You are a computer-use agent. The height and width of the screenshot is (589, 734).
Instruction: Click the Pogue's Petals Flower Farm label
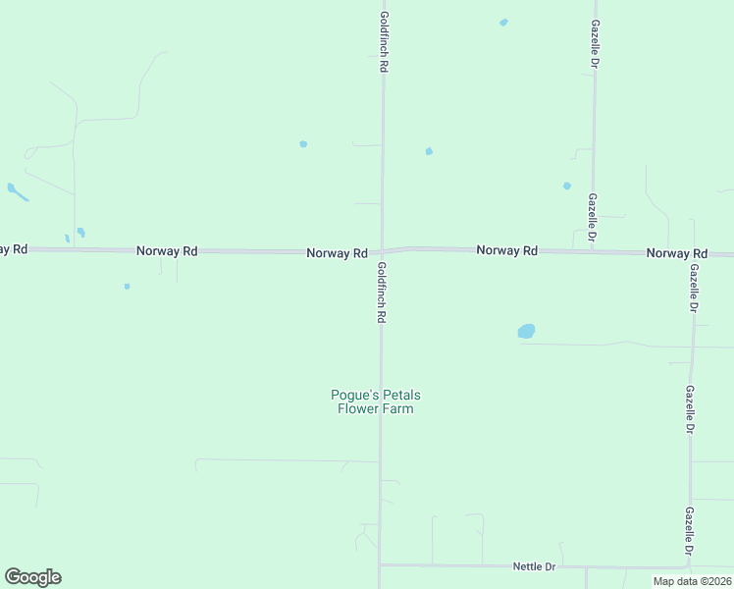(376, 402)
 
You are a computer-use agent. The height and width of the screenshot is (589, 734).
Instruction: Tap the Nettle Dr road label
(535, 567)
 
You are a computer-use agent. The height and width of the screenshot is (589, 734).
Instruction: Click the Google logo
(32, 577)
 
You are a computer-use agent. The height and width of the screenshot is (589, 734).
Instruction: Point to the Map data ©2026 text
(692, 581)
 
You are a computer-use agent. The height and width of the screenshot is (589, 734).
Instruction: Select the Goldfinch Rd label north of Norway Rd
(385, 43)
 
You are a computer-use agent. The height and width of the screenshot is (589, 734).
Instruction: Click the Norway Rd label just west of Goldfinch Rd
(337, 253)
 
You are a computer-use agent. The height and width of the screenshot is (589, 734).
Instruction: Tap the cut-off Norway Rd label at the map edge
(13, 249)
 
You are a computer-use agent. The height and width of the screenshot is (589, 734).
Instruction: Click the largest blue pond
(527, 332)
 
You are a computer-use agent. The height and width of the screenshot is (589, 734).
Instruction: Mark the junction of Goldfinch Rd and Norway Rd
(382, 251)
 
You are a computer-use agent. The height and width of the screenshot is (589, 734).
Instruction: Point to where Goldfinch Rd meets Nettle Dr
(380, 564)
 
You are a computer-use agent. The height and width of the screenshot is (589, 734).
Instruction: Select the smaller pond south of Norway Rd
(127, 287)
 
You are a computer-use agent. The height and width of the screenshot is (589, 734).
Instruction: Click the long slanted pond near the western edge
(18, 191)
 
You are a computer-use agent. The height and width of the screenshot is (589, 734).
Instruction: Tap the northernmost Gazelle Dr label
(595, 45)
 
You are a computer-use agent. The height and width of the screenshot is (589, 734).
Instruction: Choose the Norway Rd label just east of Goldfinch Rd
(506, 251)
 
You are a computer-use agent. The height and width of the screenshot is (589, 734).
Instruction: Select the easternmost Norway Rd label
(676, 253)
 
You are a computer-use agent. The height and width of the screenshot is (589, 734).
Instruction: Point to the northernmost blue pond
(503, 22)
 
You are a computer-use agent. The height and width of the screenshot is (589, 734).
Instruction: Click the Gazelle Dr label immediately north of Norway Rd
(594, 217)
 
